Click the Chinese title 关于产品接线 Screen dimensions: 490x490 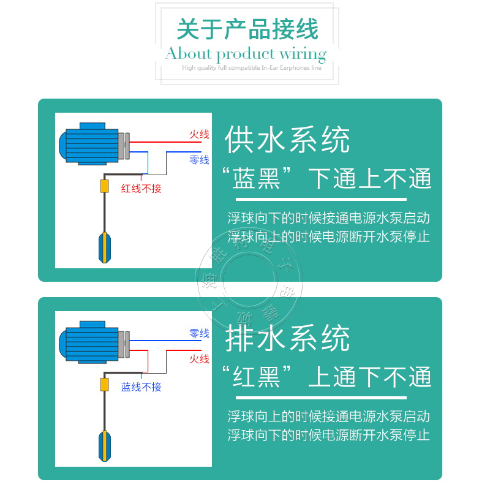(247, 29)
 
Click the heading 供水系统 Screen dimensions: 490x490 (287, 140)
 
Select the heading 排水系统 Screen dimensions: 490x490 (287, 339)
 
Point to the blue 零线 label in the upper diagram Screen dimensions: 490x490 (199, 160)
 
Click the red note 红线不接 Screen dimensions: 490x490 (141, 189)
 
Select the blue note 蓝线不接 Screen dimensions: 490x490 (141, 387)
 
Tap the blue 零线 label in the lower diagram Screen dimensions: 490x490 (199, 333)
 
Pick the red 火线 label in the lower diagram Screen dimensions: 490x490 (199, 359)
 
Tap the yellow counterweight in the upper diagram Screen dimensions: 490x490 (104, 186)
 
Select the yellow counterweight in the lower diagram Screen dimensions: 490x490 (104, 385)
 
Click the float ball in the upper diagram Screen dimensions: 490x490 (105, 246)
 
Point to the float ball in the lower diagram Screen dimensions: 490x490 (105, 445)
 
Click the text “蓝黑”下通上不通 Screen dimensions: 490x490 (326, 179)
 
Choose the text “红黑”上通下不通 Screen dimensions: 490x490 (326, 377)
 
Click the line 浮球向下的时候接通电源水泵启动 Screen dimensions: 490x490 (328, 218)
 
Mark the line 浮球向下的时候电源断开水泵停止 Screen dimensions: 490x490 (328, 435)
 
